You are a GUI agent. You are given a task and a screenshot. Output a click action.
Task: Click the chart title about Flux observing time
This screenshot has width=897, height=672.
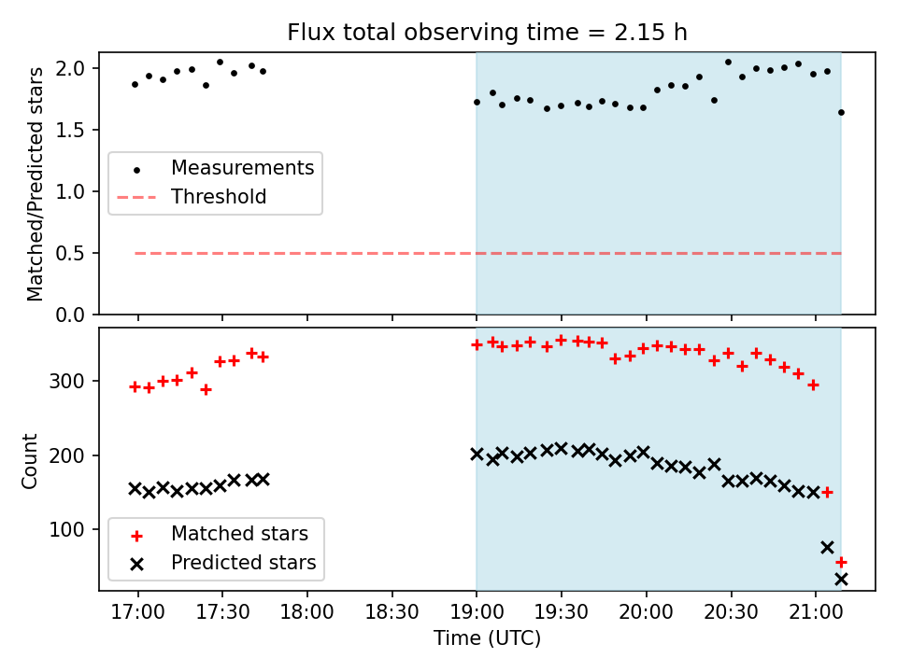487,33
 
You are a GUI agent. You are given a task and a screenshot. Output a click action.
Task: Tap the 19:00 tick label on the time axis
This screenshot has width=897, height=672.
477,613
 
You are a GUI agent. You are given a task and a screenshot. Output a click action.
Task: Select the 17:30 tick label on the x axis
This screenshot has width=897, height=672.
222,613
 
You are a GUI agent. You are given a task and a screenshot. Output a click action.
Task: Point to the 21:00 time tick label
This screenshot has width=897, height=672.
815,613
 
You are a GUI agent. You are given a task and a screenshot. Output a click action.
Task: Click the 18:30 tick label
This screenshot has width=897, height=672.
392,613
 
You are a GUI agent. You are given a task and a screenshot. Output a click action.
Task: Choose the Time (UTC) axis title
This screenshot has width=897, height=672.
487,639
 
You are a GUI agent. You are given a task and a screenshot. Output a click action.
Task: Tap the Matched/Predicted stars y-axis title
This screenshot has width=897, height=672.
36,184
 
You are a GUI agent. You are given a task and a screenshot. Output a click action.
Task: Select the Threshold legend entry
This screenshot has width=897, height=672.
219,197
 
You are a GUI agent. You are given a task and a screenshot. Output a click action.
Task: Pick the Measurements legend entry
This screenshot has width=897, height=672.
242,168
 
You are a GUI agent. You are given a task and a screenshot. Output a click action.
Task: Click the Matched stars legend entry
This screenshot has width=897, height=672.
239,534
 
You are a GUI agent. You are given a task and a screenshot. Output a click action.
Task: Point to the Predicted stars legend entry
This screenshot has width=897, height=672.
243,563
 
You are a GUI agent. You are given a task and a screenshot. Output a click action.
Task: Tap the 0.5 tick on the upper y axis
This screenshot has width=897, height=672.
74,253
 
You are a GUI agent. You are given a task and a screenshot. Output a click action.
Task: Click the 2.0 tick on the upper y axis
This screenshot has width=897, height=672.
74,68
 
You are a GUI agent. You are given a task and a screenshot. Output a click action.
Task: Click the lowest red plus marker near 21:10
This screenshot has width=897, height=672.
841,562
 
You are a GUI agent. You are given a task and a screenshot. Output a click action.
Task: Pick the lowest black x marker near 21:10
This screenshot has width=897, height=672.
841,579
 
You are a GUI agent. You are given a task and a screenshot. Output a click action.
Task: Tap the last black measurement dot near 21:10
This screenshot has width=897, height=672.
841,112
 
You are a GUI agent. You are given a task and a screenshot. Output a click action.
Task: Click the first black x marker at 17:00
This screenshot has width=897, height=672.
135,488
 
